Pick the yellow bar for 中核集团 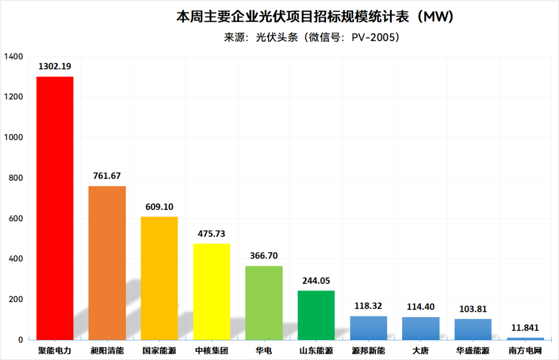pyautogui.click(x=212, y=292)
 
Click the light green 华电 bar pyautogui.click(x=264, y=303)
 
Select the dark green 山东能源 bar pyautogui.click(x=316, y=315)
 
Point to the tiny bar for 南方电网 pyautogui.click(x=525, y=339)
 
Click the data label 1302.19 pyautogui.click(x=54, y=66)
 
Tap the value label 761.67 pyautogui.click(x=107, y=176)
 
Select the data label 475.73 pyautogui.click(x=212, y=234)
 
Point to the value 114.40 pyautogui.click(x=421, y=307)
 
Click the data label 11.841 pyautogui.click(x=525, y=327)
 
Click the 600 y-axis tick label pyautogui.click(x=16, y=219)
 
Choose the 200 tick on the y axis pyautogui.click(x=16, y=299)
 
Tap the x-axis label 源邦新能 pyautogui.click(x=369, y=351)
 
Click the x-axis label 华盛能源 pyautogui.click(x=473, y=351)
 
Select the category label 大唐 pyautogui.click(x=421, y=351)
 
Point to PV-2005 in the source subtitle pyautogui.click(x=373, y=37)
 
